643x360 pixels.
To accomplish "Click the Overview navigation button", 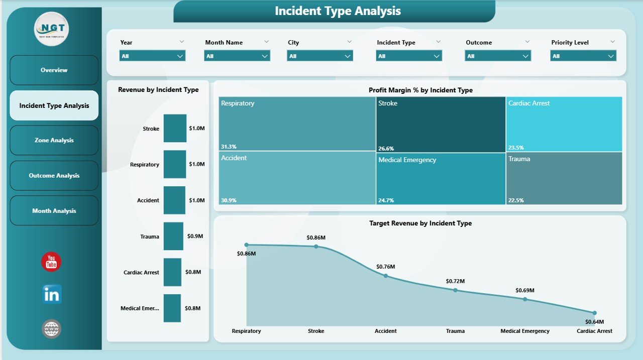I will click(54, 70).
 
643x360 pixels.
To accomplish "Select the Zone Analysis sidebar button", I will click(54, 141).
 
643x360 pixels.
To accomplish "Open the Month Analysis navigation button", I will click(54, 211).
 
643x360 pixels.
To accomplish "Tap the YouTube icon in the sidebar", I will click(51, 262).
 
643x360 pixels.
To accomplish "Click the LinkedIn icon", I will click(52, 295).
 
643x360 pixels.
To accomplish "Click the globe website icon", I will click(52, 329).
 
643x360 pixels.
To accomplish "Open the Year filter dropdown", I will click(152, 56).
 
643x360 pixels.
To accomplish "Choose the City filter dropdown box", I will click(320, 56).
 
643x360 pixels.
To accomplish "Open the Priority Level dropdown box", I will click(583, 56).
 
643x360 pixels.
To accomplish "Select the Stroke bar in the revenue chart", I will click(175, 129).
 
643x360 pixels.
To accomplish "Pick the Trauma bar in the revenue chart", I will click(173, 236).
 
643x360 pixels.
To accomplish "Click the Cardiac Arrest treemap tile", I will click(564, 124).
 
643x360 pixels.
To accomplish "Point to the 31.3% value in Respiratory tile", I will click(229, 147).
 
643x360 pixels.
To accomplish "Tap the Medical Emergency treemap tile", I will click(441, 178).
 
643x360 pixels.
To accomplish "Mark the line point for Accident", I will click(386, 275).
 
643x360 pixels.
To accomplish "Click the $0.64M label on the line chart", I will click(595, 322).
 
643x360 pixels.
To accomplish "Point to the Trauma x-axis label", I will click(455, 331).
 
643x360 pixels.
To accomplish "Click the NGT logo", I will click(52, 29).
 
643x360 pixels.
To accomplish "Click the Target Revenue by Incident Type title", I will click(420, 223).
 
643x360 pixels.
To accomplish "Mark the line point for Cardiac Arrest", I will click(594, 313).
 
